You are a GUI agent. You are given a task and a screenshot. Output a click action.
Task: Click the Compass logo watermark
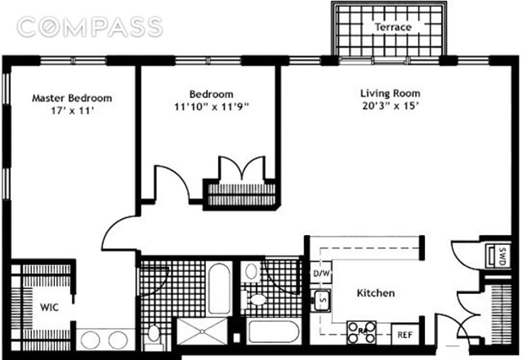click(x=90, y=27)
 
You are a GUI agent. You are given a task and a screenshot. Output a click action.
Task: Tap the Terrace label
click(x=393, y=27)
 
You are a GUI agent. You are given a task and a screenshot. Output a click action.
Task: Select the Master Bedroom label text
click(x=72, y=98)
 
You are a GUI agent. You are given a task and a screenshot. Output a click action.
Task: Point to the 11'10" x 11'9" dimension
click(x=211, y=106)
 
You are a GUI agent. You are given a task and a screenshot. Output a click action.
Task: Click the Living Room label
click(x=390, y=93)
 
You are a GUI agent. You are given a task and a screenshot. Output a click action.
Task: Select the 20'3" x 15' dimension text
click(x=390, y=106)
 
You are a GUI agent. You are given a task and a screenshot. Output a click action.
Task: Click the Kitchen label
click(x=375, y=293)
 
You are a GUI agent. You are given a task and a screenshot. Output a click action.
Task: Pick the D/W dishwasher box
click(x=320, y=272)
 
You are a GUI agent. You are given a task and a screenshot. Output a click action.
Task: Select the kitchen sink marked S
click(x=321, y=301)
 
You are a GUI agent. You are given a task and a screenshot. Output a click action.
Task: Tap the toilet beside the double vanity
click(x=154, y=333)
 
